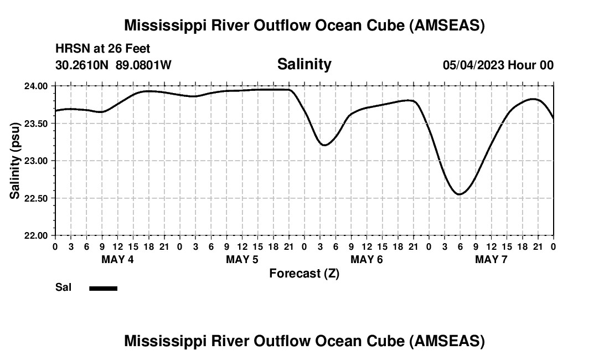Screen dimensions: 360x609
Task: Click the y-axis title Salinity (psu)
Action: tap(15, 161)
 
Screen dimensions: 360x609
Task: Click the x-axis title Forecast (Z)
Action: tap(304, 273)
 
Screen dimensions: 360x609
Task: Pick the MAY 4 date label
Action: tap(117, 260)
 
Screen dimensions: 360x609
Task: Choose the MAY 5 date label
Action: tap(242, 260)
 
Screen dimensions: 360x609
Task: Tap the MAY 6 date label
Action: tap(367, 260)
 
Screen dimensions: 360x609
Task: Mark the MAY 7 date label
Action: tap(491, 260)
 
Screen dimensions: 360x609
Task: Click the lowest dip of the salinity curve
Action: tap(459, 194)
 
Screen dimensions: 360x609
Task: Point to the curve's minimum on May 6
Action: tap(325, 145)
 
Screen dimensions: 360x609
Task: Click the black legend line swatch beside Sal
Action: tap(103, 288)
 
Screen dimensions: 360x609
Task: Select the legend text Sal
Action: tap(63, 287)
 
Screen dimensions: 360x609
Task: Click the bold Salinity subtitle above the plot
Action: tap(304, 64)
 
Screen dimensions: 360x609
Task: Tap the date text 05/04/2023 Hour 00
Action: tap(498, 65)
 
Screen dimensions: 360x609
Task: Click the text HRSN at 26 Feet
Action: tap(102, 49)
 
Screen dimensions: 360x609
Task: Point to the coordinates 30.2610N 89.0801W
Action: tap(113, 65)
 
